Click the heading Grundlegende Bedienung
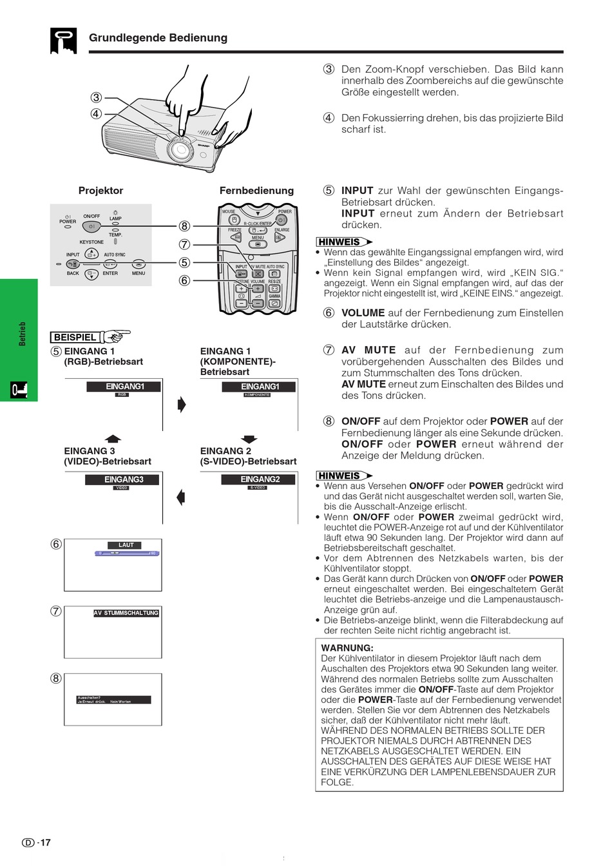point(158,37)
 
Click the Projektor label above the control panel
point(100,191)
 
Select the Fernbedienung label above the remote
point(256,191)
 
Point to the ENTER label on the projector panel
point(110,273)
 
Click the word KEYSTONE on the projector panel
point(91,242)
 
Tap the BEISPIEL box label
point(75,337)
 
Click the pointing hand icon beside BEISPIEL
point(116,336)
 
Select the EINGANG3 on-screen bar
point(123,479)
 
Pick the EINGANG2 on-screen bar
point(260,479)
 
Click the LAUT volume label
point(126,545)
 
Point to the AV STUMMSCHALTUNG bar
point(126,613)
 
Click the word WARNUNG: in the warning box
point(347,648)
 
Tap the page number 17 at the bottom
point(45,843)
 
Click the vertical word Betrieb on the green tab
point(23,334)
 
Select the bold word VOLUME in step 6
point(363,313)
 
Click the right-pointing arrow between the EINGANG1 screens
point(182,404)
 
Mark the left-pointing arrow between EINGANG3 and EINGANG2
point(181,497)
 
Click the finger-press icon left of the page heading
point(63,41)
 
